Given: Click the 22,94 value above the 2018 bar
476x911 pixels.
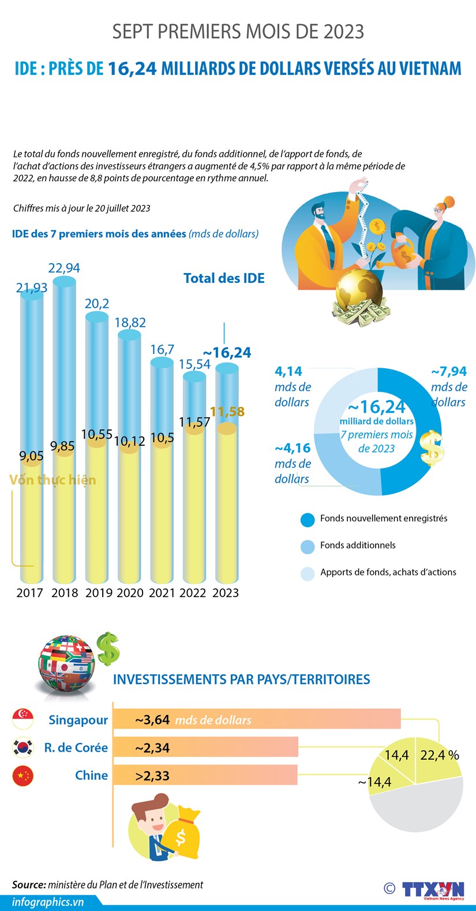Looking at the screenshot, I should click(x=64, y=268).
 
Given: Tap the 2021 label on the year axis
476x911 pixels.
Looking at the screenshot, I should click(x=162, y=593).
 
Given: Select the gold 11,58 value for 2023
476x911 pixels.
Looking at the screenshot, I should click(x=227, y=412).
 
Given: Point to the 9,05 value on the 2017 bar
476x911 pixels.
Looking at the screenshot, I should click(x=31, y=456).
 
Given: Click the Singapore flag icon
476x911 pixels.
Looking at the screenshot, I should click(x=23, y=719).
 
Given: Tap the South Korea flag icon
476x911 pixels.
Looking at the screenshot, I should click(x=23, y=748).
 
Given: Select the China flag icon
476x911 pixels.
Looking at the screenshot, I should click(x=23, y=775).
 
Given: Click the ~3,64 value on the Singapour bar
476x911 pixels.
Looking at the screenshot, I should click(x=152, y=720).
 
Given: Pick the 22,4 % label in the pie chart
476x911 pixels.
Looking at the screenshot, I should click(x=440, y=755).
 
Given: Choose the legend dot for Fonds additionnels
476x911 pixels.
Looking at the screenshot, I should click(x=308, y=546).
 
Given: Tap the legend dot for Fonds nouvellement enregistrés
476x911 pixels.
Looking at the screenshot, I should click(x=308, y=519).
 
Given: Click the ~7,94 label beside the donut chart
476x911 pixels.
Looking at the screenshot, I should click(x=449, y=371).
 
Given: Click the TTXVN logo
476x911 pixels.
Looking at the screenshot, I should click(x=433, y=890).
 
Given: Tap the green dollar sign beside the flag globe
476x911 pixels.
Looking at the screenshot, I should click(x=107, y=648).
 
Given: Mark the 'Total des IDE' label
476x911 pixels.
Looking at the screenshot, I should click(x=224, y=278).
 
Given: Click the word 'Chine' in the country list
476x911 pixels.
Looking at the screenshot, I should click(x=91, y=775).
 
